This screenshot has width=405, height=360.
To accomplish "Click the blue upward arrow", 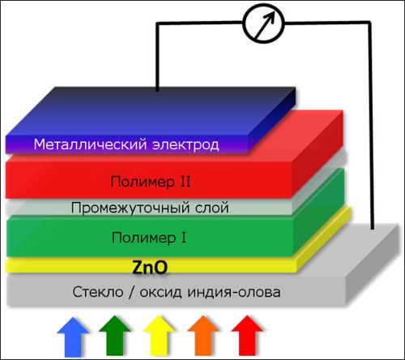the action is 73,337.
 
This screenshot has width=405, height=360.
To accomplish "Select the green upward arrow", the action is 114,336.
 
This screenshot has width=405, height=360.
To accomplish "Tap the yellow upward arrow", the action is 159,336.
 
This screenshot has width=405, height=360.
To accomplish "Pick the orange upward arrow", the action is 202,336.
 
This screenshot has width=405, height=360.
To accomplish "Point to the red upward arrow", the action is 247,336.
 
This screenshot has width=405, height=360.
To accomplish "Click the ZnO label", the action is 150,267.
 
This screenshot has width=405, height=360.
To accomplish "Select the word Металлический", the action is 90,144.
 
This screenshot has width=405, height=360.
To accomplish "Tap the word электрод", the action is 185,145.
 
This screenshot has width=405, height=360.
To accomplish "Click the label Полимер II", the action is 151,182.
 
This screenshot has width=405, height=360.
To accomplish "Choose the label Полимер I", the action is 149,238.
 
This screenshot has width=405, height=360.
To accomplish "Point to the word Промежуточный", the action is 130,208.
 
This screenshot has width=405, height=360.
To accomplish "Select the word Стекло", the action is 98,292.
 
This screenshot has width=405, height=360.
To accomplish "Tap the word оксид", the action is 161,293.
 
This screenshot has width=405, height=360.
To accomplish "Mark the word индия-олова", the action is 234,293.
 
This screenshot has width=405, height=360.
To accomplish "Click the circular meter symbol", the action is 263,23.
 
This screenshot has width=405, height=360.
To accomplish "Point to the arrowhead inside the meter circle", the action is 271,16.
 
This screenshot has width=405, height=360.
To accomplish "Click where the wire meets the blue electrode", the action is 157,91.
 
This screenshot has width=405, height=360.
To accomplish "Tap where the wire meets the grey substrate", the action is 373,229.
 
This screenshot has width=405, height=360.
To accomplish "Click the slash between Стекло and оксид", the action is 131,293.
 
